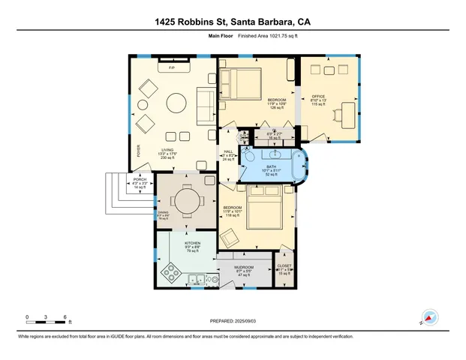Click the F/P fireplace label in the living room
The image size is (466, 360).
tap(172, 68)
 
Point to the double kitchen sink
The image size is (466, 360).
tap(198, 280)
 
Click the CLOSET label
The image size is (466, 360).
tap(284, 265)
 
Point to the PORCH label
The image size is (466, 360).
tap(140, 180)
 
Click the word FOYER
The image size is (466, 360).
tap(138, 151)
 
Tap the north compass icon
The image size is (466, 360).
tap(429, 317)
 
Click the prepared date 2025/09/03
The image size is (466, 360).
tap(233, 320)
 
